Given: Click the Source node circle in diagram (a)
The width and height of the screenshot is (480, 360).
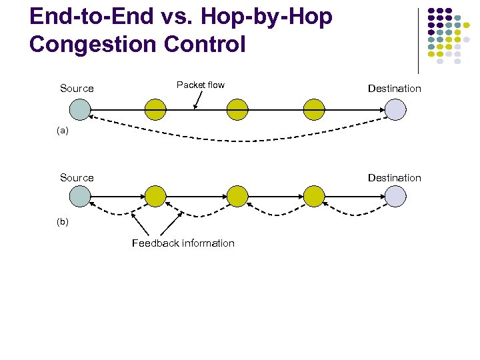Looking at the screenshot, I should [79, 109].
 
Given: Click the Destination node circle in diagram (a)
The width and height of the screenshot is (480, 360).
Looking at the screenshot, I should [395, 109].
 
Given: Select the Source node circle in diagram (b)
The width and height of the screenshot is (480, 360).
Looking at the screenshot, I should [79, 196].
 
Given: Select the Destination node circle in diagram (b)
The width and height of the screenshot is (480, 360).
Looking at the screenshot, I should [395, 196].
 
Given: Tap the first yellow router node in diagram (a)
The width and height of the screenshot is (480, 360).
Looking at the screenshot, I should [156, 109].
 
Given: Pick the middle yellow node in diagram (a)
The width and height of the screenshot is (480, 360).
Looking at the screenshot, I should [237, 109].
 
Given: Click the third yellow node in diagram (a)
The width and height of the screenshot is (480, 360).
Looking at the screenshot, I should [314, 109].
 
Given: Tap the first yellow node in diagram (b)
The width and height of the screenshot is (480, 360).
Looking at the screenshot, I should [156, 196].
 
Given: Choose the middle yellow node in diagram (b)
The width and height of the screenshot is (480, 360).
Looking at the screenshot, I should [237, 196].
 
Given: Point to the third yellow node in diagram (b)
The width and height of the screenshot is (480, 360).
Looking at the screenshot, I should [314, 196].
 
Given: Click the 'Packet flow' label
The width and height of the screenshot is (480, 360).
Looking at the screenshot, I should [200, 85].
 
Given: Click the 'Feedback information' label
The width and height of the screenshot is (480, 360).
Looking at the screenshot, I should [183, 243].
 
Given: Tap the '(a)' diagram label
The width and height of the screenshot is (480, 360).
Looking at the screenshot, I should [62, 131].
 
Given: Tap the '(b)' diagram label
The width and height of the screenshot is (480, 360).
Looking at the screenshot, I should [62, 221].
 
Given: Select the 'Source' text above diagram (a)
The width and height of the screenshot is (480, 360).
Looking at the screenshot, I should [77, 89].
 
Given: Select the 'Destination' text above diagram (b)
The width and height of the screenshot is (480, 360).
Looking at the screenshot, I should [394, 178].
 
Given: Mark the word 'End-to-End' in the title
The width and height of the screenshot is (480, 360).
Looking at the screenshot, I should [87, 17].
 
